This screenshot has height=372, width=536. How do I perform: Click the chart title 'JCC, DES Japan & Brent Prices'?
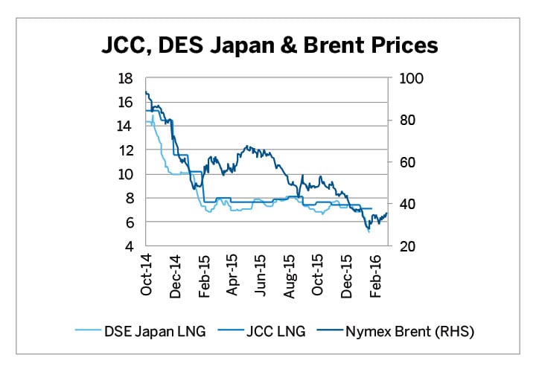[269, 46]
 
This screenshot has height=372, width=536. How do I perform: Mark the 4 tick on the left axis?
[128, 246]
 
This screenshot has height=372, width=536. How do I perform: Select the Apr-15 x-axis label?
[232, 275]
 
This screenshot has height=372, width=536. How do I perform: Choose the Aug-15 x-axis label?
[290, 275]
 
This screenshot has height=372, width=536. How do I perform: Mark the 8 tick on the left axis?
[128, 198]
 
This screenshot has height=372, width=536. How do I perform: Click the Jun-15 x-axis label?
[261, 275]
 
